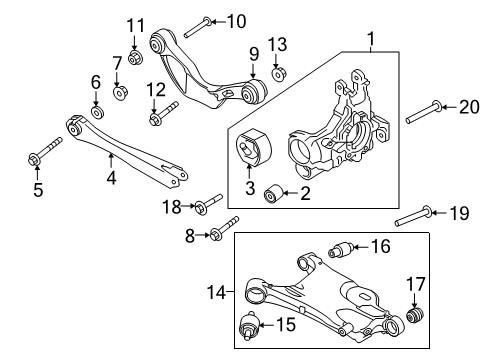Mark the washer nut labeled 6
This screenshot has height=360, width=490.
click(x=96, y=112)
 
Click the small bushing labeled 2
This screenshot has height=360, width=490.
click(x=271, y=193)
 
